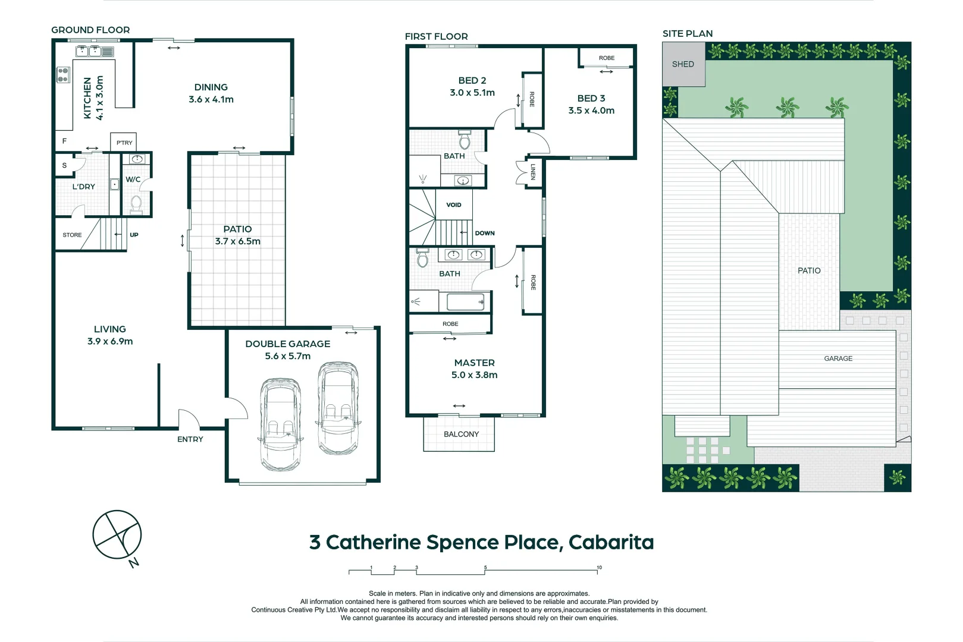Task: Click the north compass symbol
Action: [117, 534]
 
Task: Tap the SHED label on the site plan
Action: [683, 64]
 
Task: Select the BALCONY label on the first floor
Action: [461, 434]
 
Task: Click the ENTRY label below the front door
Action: [190, 439]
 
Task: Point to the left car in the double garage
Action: [280, 424]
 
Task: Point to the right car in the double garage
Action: [338, 408]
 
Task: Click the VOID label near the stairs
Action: [454, 205]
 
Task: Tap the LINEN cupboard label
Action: [533, 172]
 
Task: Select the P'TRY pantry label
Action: [124, 143]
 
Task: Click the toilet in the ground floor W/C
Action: [136, 204]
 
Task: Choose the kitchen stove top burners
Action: [63, 75]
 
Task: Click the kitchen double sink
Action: [89, 51]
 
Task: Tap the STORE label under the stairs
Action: [72, 235]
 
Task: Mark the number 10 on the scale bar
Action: [599, 568]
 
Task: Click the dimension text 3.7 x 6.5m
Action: [237, 241]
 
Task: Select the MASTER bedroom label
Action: [474, 363]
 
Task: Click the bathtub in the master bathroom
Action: [465, 302]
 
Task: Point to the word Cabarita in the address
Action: [611, 542]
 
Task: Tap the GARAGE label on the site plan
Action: [838, 358]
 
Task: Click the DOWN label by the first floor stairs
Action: [485, 233]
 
